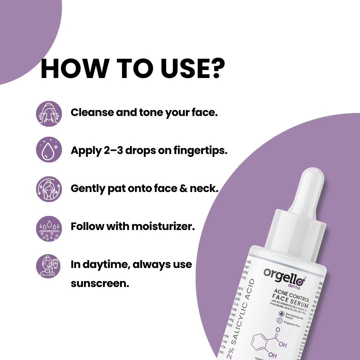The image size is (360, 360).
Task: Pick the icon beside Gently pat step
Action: coord(49,189)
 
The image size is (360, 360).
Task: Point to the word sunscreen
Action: coord(100,284)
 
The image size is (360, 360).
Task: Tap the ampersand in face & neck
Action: coord(183,188)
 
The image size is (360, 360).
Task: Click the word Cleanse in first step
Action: coord(92,112)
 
